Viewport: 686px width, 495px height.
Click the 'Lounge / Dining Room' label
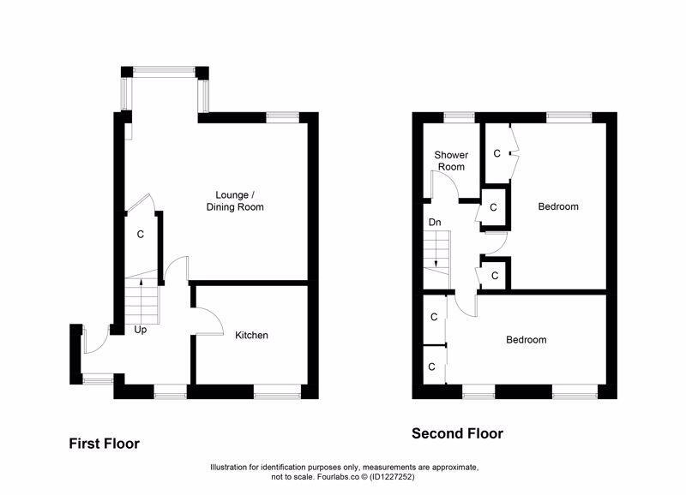point(234,200)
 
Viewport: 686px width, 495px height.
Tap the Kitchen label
point(252,335)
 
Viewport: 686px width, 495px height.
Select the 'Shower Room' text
point(451,160)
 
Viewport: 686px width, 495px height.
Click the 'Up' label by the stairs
point(140,329)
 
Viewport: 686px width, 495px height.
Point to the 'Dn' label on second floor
point(435,222)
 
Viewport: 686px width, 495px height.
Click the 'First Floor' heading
point(104,444)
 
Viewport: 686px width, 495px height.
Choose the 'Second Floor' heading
point(457,433)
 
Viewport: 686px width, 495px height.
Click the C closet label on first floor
point(141,234)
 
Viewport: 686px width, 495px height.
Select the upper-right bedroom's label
point(557,206)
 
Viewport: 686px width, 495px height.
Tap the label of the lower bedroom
point(526,340)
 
